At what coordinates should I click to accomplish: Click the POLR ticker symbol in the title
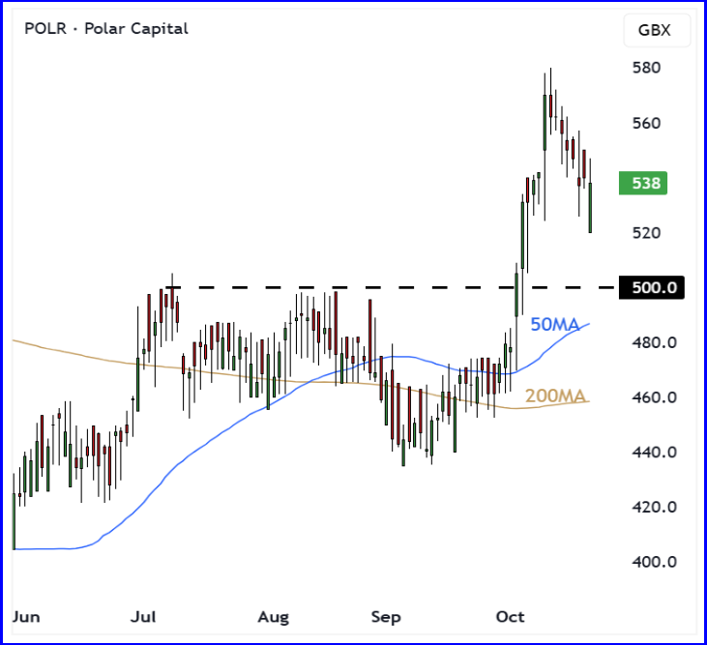46,28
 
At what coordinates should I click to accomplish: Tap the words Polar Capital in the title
137,28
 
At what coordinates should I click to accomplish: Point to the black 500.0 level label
654,287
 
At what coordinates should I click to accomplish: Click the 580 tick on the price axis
647,69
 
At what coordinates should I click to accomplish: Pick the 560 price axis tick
647,124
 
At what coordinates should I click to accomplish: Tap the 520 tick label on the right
647,233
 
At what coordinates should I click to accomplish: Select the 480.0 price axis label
653,343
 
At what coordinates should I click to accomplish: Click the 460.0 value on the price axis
653,397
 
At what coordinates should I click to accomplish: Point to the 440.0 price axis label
653,453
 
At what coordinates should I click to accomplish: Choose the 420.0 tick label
653,508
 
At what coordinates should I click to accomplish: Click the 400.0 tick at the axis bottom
653,562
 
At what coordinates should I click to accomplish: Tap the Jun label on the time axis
27,617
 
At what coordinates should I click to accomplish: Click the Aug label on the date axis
275,617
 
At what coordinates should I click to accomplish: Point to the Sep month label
387,617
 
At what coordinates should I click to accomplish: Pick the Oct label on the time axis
510,617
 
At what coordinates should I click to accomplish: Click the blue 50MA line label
554,325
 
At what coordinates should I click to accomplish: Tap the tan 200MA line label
556,396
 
